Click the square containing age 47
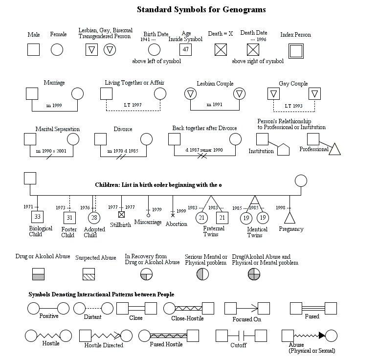tap(185, 49)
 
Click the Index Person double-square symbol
tap(296, 50)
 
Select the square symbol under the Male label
tap(33, 49)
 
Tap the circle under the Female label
tap(57, 49)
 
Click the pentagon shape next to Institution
tap(284, 149)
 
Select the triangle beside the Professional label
tap(334, 149)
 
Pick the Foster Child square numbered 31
tap(69, 218)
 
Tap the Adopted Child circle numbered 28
tap(94, 218)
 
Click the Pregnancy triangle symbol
tap(290, 218)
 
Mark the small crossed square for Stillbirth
tap(122, 214)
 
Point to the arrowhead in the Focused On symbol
tap(255, 308)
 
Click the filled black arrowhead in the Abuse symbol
tap(321, 336)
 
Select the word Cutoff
tap(239, 345)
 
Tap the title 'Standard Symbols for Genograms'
tap(201, 9)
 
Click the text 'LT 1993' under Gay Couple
tap(294, 106)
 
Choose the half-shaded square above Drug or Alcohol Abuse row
tap(38, 274)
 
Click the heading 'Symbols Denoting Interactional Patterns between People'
tap(101, 294)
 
